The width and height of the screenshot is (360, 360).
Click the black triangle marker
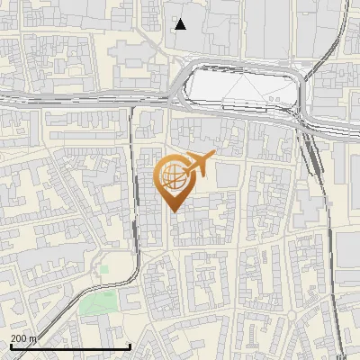pyautogui.click(x=181, y=23)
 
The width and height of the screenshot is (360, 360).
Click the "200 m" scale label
pyautogui.click(x=24, y=338)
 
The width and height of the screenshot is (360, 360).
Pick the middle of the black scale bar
pyautogui.click(x=70, y=346)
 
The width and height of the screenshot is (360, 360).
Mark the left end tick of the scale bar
pyautogui.click(x=10, y=346)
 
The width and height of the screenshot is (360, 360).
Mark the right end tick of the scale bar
pyautogui.click(x=130, y=346)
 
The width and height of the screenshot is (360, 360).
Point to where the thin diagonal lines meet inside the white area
pyautogui.click(x=240, y=76)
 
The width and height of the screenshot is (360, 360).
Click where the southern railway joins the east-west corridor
pyautogui.click(x=133, y=106)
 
